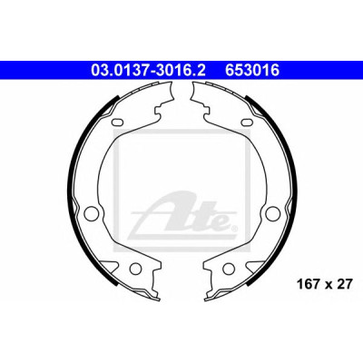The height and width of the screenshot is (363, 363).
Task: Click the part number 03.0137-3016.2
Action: click(x=148, y=71)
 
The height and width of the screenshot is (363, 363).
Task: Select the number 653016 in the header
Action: click(x=251, y=71)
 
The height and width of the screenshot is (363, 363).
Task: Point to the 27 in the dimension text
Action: click(x=346, y=284)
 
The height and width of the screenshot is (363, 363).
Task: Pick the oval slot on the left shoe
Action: click(x=117, y=123)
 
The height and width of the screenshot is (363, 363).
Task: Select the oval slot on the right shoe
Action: click(x=247, y=123)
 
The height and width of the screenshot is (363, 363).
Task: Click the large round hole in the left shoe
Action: click(x=90, y=212)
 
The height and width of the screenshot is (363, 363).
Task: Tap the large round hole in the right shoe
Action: click(x=271, y=212)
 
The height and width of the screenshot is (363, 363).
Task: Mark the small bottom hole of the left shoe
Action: click(x=135, y=269)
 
